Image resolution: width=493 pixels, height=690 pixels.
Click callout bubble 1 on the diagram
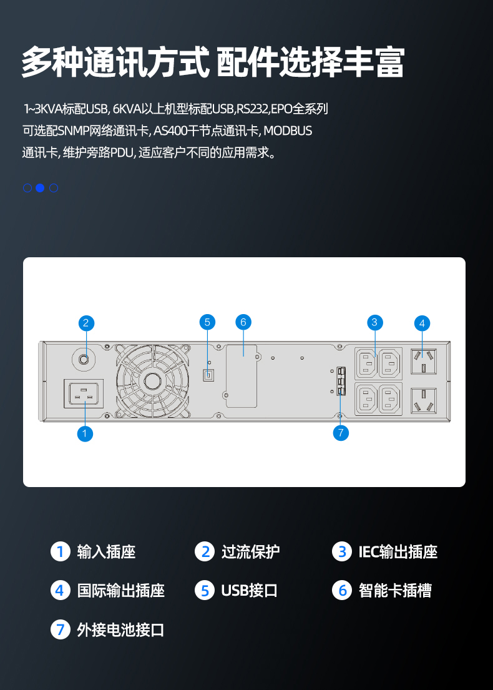(85, 433)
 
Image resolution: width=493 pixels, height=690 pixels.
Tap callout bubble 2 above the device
(86, 323)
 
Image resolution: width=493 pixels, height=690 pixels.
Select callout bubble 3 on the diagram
(374, 322)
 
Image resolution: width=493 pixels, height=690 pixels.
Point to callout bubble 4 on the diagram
(422, 323)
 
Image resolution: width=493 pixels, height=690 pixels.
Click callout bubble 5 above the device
(208, 322)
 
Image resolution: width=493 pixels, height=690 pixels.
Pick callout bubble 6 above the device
(243, 322)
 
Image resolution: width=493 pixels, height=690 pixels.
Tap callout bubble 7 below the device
(340, 433)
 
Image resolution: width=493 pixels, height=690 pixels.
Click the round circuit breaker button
(84, 358)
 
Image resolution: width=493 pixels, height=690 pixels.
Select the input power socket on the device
(86, 395)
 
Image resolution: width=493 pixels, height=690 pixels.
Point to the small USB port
(208, 375)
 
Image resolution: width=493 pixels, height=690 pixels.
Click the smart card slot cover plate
(242, 376)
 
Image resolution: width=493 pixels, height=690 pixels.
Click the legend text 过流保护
(250, 552)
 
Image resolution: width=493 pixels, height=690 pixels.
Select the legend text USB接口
(249, 591)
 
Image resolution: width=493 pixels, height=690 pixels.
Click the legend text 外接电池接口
(120, 629)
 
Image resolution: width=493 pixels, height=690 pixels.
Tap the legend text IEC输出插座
(398, 552)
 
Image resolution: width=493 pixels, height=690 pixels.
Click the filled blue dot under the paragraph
(40, 188)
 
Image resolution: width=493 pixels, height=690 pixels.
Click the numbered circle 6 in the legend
(342, 590)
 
